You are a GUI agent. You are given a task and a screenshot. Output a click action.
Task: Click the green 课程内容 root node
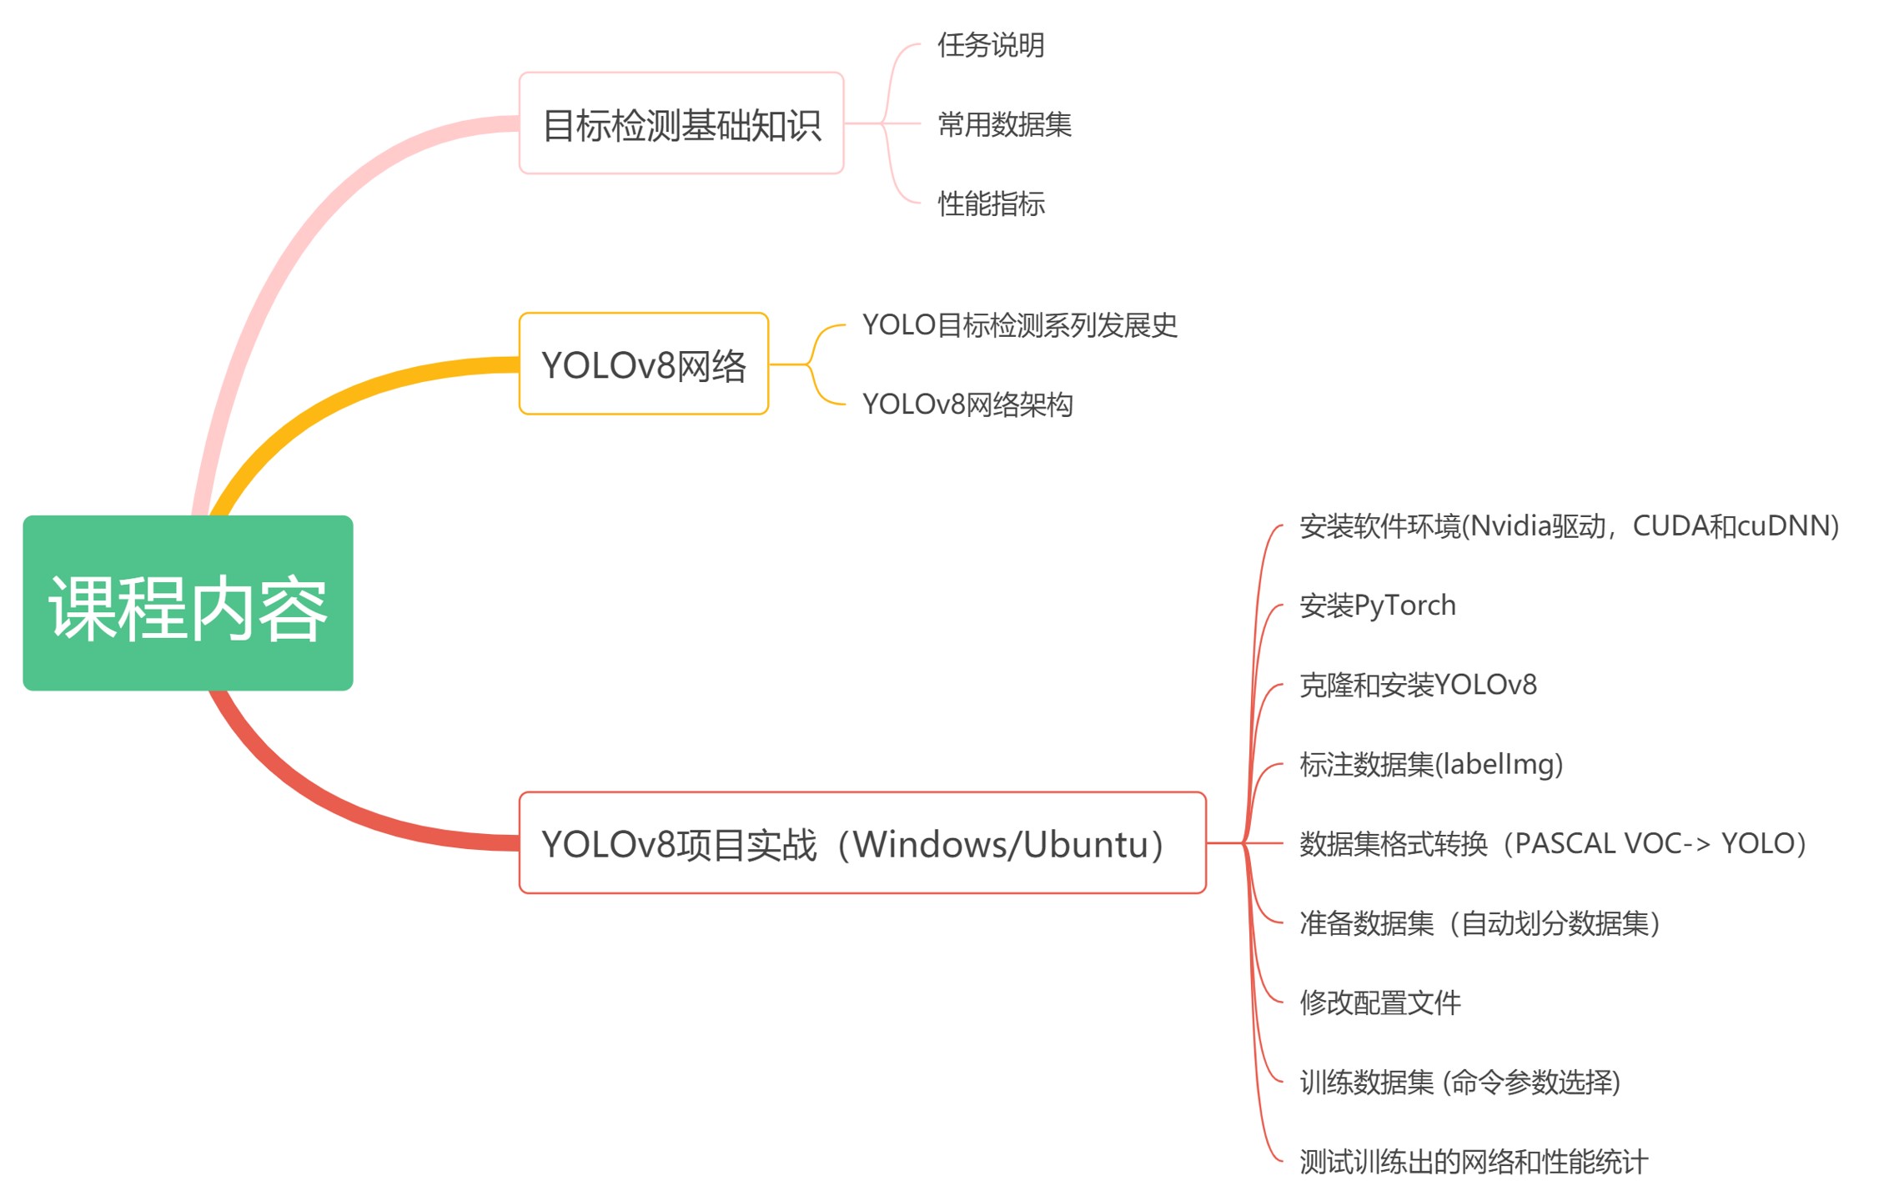188,602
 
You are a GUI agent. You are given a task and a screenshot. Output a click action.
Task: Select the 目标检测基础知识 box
681,123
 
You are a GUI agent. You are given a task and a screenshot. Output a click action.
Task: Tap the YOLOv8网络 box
643,364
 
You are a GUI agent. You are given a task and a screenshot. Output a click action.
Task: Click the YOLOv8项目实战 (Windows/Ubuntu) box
862,843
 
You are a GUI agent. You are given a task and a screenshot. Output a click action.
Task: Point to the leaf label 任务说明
990,45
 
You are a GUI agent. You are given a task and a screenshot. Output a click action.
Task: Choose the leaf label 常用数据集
1003,124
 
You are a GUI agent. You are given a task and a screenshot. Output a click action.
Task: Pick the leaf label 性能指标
990,204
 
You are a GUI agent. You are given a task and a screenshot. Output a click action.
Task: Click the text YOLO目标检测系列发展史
1018,325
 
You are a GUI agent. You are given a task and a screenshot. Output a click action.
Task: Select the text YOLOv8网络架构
967,405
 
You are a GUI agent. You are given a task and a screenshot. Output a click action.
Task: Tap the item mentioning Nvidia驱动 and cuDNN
1568,525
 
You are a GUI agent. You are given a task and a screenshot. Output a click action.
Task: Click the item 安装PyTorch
1377,606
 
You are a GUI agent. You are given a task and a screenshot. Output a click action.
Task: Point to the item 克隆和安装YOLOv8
1417,685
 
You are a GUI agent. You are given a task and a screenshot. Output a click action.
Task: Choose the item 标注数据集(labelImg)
1430,764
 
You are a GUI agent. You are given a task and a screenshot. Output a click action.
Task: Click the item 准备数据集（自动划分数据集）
1480,923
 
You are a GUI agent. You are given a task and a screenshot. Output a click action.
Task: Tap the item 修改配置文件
1379,1003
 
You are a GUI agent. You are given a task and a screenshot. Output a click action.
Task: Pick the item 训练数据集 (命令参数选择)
1459,1082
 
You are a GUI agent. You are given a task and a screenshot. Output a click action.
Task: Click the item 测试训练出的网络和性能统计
1473,1161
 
